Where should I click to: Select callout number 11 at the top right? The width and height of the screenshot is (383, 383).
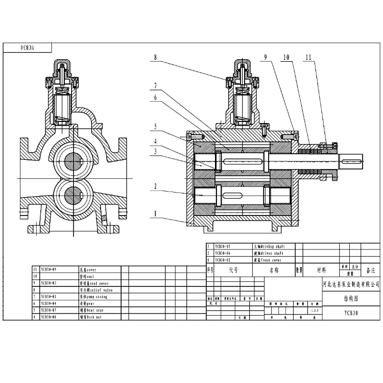click(307, 58)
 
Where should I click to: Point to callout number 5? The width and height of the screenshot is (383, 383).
click(154, 127)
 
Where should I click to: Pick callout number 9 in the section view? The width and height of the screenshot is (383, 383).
click(266, 58)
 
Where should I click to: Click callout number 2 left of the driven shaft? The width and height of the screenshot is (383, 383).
click(154, 187)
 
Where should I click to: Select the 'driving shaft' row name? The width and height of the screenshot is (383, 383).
click(267, 246)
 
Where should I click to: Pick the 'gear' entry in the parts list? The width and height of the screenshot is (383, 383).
click(85, 303)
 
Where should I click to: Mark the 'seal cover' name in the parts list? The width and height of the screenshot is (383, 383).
click(93, 282)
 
